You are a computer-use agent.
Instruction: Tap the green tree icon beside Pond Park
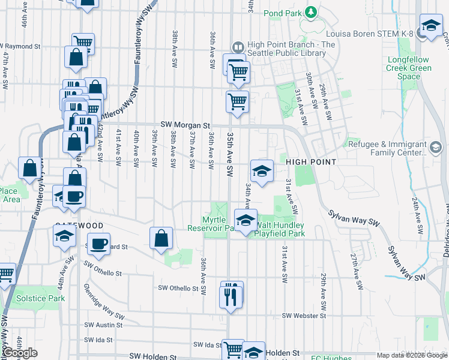311,11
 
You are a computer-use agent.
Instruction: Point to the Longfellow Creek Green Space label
409,68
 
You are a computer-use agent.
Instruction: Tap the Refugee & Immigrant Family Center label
387,148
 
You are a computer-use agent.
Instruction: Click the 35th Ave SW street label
229,154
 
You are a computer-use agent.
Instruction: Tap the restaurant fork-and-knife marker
231,296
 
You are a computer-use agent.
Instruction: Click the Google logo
20,353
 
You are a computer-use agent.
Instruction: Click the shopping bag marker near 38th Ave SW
161,238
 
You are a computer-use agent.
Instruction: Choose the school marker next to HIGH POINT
262,171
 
